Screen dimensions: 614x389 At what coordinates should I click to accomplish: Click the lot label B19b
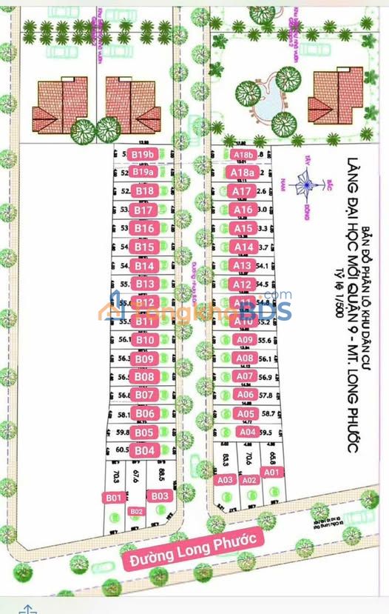pyautogui.click(x=142, y=155)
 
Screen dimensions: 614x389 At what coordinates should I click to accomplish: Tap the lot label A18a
pyautogui.click(x=243, y=173)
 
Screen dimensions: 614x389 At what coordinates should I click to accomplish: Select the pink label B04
pyautogui.click(x=145, y=450)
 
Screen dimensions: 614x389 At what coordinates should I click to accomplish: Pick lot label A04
pyautogui.click(x=248, y=432)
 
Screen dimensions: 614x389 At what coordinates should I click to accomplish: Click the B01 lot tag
pyautogui.click(x=113, y=498)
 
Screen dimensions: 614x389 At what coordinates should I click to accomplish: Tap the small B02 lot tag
pyautogui.click(x=136, y=511)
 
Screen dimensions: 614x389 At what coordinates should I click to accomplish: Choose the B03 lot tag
pyautogui.click(x=160, y=495)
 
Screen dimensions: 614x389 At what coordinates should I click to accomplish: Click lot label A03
pyautogui.click(x=226, y=480)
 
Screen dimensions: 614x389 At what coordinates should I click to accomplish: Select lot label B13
pyautogui.click(x=145, y=284)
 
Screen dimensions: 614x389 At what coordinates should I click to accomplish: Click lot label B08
pyautogui.click(x=145, y=376)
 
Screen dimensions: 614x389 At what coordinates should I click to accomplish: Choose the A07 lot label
pyautogui.click(x=244, y=376)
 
